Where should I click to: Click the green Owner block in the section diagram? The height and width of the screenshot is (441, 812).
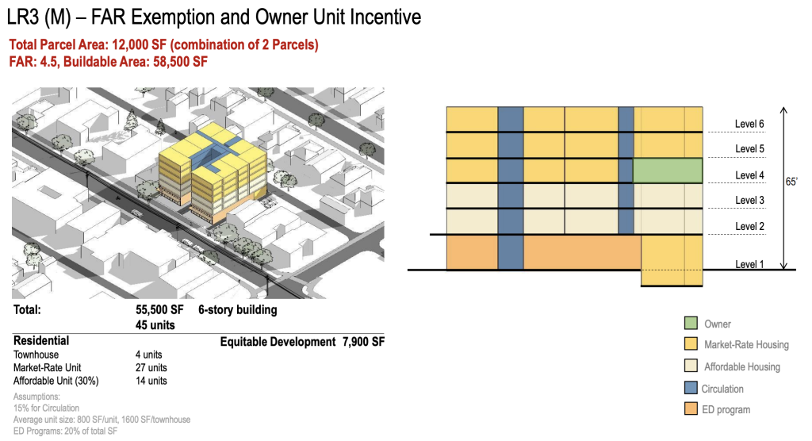[668, 171]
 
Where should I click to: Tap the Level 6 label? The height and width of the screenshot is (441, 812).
[749, 124]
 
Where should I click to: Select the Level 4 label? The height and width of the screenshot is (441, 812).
[749, 175]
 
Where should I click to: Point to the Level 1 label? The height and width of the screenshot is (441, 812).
[749, 264]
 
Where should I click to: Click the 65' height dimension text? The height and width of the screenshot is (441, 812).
[791, 182]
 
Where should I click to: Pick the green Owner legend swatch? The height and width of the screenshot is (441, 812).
[691, 324]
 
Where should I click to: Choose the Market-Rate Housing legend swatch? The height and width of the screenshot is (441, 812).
[691, 343]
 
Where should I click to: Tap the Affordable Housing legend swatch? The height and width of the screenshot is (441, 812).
[691, 366]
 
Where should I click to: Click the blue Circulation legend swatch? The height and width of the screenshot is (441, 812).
[691, 388]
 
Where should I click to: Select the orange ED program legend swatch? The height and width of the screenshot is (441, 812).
[691, 408]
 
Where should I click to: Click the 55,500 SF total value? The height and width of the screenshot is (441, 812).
[159, 310]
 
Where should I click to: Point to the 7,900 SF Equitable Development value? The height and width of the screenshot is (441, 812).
[363, 342]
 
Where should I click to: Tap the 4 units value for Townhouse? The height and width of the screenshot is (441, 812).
[148, 355]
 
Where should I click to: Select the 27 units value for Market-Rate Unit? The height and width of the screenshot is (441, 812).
[151, 367]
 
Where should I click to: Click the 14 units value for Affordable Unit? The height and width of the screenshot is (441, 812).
[151, 381]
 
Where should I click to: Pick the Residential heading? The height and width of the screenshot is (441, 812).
[41, 340]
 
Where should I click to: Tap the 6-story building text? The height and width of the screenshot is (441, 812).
[238, 310]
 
